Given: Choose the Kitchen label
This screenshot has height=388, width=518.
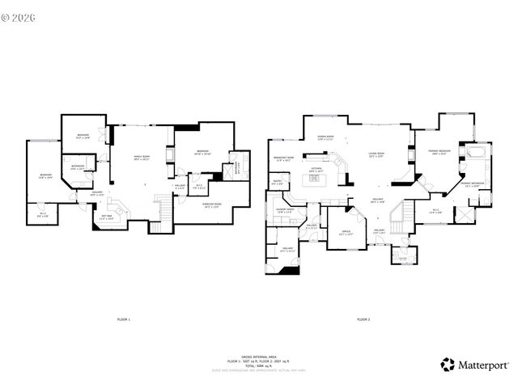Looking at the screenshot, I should pyautogui.click(x=316, y=171).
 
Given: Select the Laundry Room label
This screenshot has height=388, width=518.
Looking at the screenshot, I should pyautogui.click(x=285, y=211).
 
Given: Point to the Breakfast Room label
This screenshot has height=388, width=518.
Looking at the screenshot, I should pyautogui.click(x=282, y=158).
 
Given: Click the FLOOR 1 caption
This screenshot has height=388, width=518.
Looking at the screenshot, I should pyautogui.click(x=124, y=321).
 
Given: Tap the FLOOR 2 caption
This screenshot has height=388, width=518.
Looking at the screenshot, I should pyautogui.click(x=363, y=321).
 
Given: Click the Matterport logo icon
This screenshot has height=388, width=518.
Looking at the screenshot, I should pyautogui.click(x=447, y=365).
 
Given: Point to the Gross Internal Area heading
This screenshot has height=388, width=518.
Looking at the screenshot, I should pyautogui.click(x=259, y=355).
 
